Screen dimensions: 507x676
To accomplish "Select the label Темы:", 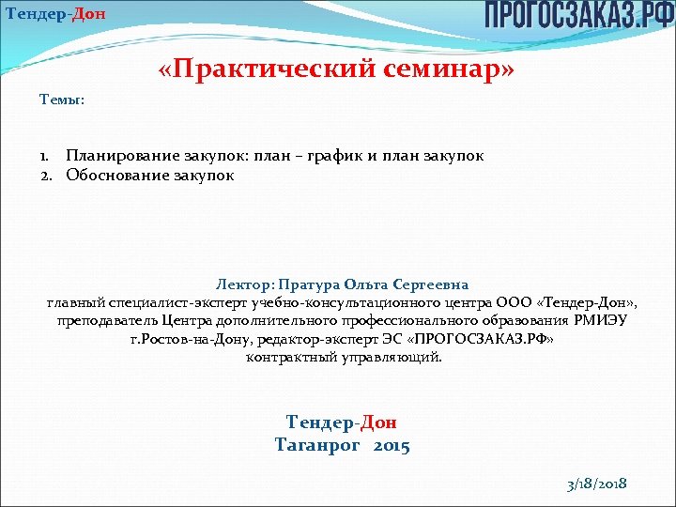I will (62, 99).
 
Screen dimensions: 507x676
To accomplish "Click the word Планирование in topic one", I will (119, 156).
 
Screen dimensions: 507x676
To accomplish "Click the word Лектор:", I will (246, 284).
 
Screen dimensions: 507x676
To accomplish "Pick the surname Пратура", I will (310, 284).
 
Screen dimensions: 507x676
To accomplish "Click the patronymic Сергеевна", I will (431, 284).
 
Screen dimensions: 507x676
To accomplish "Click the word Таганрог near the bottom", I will (317, 445).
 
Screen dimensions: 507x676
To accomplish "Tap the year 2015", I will (391, 445).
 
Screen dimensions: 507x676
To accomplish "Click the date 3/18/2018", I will (596, 484).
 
